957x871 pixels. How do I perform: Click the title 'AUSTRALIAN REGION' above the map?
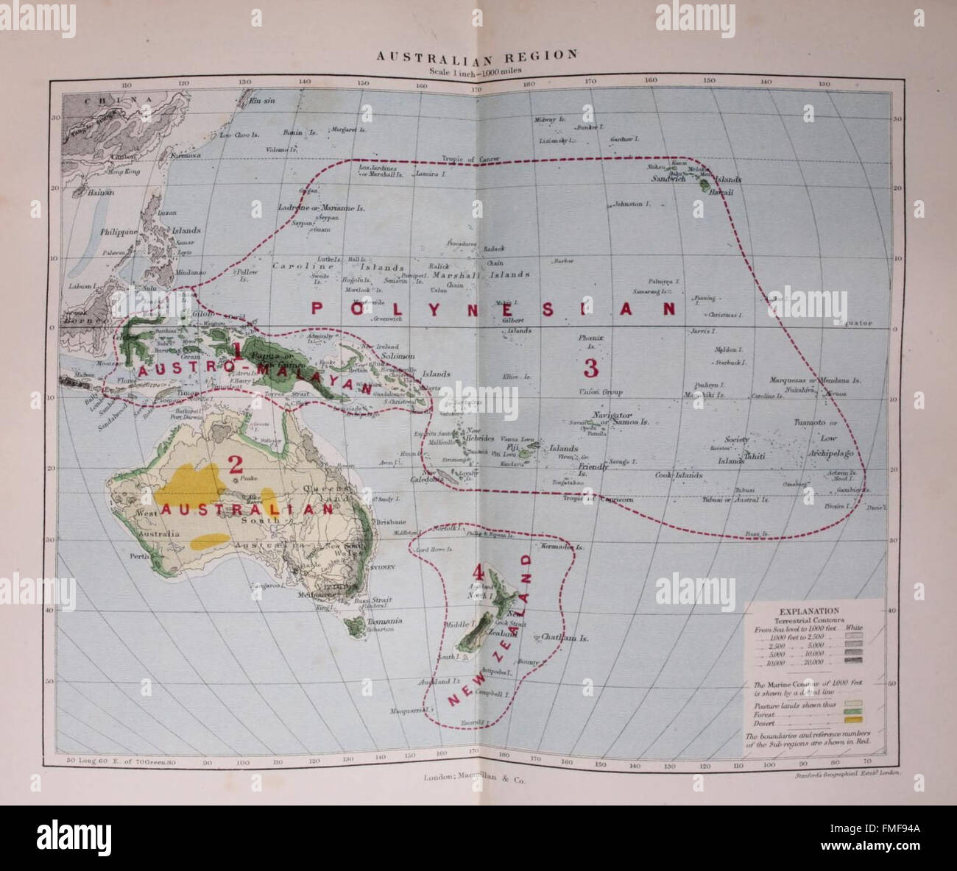tap(477, 55)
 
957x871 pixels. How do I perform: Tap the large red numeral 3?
tap(591, 367)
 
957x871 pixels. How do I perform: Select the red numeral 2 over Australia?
tap(235, 463)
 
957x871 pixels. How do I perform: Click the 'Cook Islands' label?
tap(678, 475)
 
